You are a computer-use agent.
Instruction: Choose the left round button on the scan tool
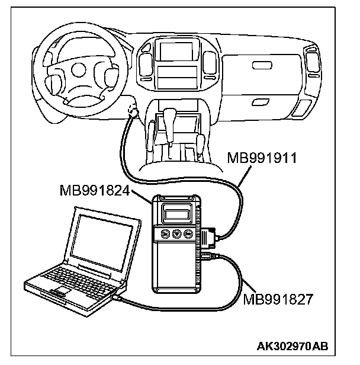pyautogui.click(x=166, y=234)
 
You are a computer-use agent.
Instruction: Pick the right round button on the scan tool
pyautogui.click(x=189, y=234)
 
